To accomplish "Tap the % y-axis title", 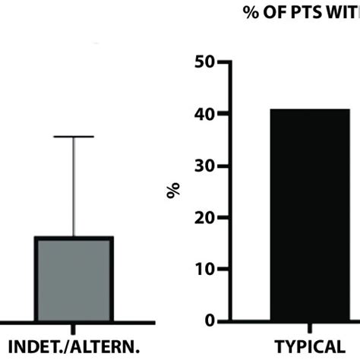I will (173, 191).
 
